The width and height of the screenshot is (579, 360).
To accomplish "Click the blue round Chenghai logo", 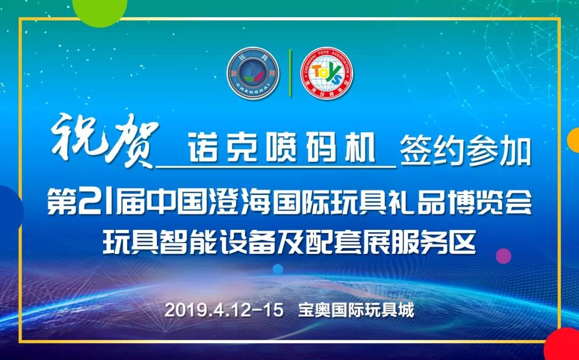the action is pyautogui.click(x=253, y=73).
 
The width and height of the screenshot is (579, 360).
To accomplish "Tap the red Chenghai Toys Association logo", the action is pyautogui.click(x=327, y=73).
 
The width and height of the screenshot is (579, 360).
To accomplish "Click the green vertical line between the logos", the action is pyautogui.click(x=290, y=73).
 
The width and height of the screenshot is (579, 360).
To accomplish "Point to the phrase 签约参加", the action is pyautogui.click(x=466, y=151).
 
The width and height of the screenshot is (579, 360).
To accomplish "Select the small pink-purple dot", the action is pyautogui.click(x=503, y=256).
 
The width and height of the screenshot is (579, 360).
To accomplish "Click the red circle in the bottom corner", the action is pyautogui.click(x=562, y=345).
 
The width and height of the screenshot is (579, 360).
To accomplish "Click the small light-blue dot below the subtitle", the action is pyautogui.click(x=278, y=269).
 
